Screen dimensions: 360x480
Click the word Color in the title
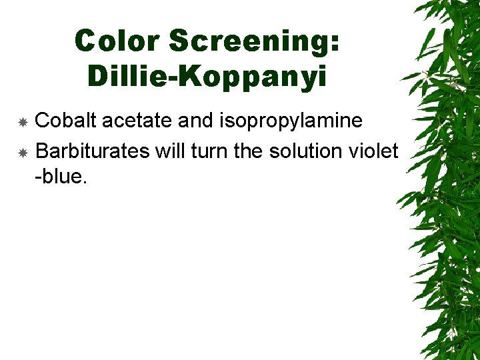pyautogui.click(x=117, y=41)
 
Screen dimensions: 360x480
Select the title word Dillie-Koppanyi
pyautogui.click(x=207, y=77)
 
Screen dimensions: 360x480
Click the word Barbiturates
pyautogui.click(x=92, y=151)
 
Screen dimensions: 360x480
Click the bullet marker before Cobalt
pyautogui.click(x=22, y=122)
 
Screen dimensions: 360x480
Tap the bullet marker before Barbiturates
pyautogui.click(x=22, y=153)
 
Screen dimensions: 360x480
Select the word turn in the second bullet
pyautogui.click(x=209, y=151)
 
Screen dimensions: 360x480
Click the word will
pyautogui.click(x=169, y=151)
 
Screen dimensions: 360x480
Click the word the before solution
pyautogui.click(x=250, y=151)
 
